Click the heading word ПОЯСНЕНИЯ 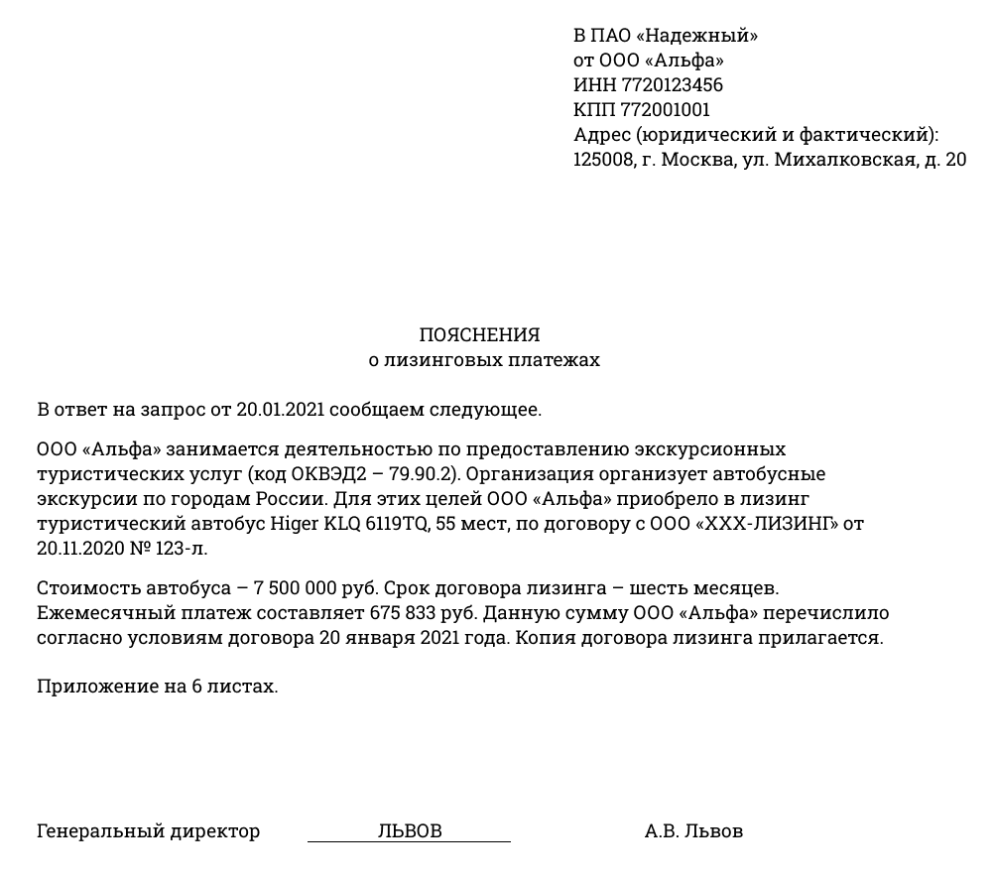[479, 335]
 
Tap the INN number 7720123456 [672, 85]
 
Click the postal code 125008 [603, 160]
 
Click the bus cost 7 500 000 [309, 589]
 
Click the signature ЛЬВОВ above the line [409, 830]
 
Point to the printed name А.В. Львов [693, 831]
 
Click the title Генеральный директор [148, 831]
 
